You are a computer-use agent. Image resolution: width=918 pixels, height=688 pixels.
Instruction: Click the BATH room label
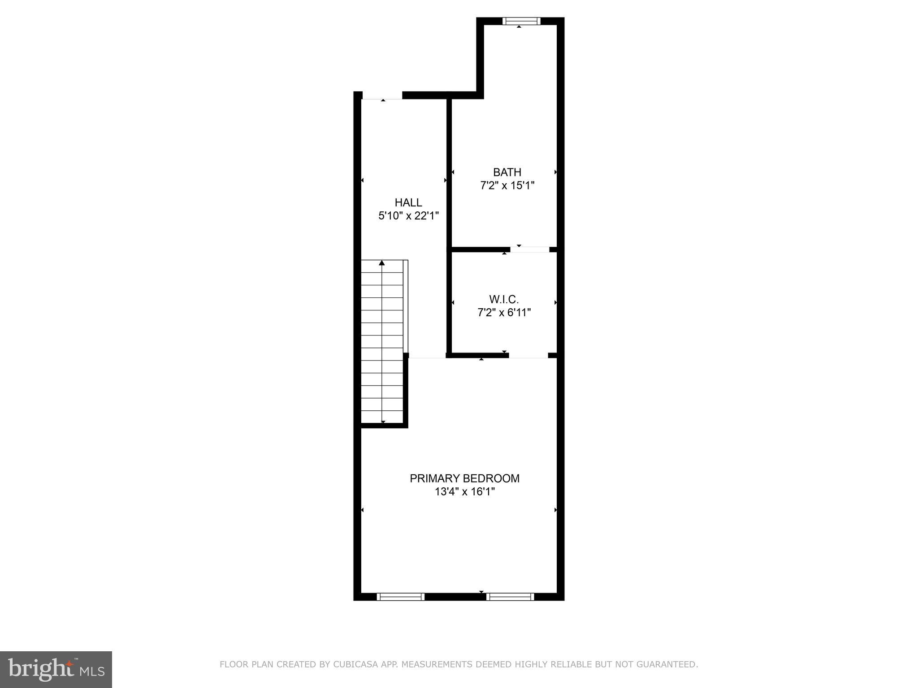tap(507, 172)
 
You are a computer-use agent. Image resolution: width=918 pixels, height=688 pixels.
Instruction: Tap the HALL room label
tap(408, 202)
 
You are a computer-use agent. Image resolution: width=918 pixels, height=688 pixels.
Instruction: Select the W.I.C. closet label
tap(504, 299)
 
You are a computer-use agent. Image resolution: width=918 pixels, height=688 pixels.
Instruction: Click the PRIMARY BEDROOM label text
tap(464, 478)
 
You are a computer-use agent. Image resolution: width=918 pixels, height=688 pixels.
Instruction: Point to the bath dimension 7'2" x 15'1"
tap(507, 185)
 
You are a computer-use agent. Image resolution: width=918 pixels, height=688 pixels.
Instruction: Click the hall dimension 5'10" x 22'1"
tap(408, 216)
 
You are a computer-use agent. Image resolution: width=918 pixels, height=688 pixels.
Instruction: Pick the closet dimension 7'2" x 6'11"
tap(504, 313)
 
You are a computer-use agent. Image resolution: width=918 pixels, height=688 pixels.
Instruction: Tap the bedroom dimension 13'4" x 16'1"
tap(464, 492)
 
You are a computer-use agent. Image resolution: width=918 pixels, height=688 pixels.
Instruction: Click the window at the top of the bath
tap(521, 21)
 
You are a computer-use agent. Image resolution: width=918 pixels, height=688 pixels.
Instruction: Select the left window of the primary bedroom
tap(400, 597)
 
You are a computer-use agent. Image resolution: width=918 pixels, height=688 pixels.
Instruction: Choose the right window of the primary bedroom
tap(510, 597)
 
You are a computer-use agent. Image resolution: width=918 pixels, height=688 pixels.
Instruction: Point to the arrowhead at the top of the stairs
tap(382, 263)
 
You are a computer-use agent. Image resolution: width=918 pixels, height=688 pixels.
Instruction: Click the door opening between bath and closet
tap(530, 249)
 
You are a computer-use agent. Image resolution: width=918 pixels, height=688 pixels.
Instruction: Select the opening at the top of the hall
tap(382, 95)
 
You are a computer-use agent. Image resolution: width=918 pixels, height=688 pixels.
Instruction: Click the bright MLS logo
tap(56, 669)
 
